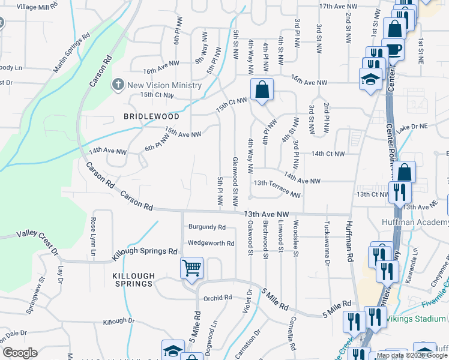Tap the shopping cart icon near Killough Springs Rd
point(192,268)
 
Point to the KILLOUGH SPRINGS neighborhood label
point(133,280)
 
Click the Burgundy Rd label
point(206,227)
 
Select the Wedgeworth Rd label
point(211,243)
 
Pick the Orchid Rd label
point(217,298)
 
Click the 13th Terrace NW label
point(277,188)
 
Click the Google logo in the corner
point(20,353)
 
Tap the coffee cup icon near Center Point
point(394,50)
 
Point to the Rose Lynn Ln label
point(94,236)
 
